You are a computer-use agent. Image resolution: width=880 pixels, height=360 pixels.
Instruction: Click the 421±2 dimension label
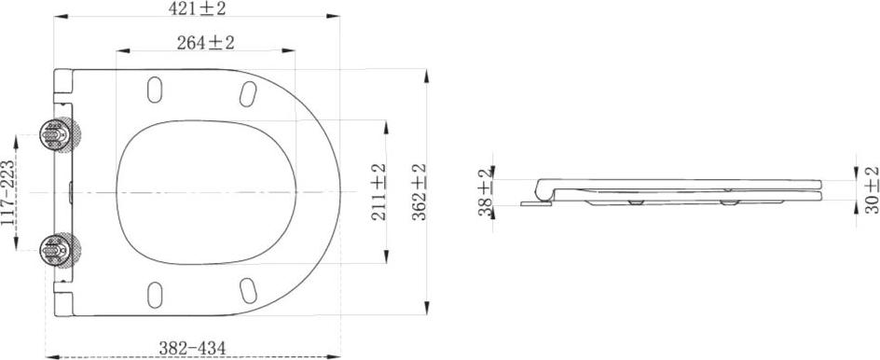point(197,8)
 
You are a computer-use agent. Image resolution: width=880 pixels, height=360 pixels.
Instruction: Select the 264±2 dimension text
point(205,43)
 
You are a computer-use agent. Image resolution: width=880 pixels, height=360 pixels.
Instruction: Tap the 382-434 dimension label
point(192,348)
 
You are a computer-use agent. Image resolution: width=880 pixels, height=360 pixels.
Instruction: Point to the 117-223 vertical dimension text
point(7,193)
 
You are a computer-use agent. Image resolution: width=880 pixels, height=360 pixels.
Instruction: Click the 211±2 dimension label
point(378,191)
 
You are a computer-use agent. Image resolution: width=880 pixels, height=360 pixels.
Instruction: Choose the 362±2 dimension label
point(419,191)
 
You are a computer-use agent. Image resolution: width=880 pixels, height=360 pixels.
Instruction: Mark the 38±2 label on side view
point(486,192)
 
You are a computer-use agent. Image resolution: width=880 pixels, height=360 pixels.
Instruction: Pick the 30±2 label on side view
point(872,189)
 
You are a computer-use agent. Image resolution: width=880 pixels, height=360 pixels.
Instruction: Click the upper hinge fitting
point(60,135)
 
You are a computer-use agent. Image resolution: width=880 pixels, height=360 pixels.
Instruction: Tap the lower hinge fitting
point(60,250)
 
